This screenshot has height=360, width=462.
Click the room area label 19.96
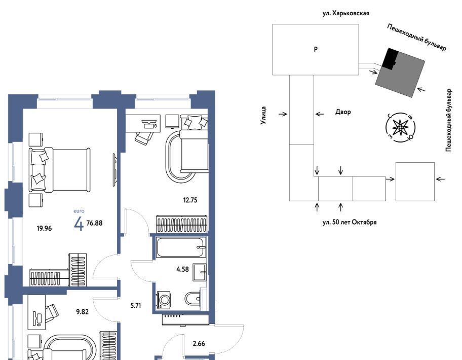coord(44,228)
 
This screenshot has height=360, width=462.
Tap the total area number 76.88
coord(94,223)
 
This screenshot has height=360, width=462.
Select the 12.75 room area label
coord(190,200)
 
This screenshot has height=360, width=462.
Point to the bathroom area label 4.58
coord(182,269)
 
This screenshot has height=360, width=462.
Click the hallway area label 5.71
coord(136,305)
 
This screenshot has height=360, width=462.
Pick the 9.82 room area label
coord(82,312)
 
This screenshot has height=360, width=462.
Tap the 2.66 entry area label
coord(199,343)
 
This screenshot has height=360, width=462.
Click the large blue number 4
coord(79,225)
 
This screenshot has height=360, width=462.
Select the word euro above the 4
coord(79,211)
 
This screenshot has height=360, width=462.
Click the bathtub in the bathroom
coord(181,247)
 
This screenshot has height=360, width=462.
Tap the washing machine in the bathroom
coord(164,300)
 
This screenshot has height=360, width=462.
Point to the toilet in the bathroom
coord(193,299)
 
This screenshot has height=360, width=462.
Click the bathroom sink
coord(200,272)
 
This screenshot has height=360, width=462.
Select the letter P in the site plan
coord(316,49)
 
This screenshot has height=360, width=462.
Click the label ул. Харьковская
coord(345,13)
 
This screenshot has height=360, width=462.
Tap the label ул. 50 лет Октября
coord(350,222)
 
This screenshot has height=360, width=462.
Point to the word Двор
coord(343,112)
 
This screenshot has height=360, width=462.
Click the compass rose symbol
coord(400,128)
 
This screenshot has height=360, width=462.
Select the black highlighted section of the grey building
coord(391,58)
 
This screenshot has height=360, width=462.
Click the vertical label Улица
coord(263,115)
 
